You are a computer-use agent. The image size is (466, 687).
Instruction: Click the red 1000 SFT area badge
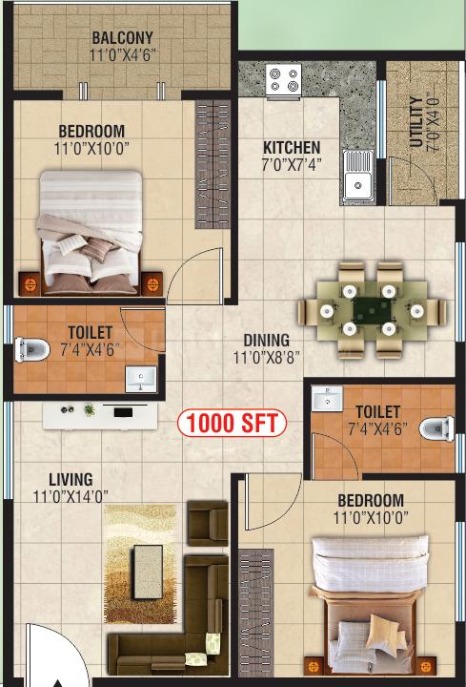coord(232,424)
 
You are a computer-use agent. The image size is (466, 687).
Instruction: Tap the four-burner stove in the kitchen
coord(284,80)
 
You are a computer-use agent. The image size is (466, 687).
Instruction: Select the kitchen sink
coord(358,176)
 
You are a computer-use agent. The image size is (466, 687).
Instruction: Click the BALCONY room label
coord(122,37)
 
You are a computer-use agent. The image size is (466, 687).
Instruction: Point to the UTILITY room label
coord(416,122)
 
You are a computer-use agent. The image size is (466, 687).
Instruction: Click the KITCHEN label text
coord(292,147)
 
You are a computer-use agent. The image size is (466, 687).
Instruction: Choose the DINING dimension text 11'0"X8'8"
coord(266,358)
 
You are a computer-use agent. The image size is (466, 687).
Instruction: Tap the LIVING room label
coord(71,479)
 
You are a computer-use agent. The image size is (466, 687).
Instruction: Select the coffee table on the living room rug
coord(148,572)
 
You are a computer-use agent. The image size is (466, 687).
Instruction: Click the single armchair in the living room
coord(208,523)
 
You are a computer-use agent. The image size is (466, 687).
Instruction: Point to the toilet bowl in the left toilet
coord(31,349)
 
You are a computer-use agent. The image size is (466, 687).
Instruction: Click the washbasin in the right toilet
coord(328,399)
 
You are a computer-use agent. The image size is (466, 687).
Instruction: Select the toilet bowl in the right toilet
coord(436,428)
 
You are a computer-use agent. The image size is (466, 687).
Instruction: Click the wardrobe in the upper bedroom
coord(213,164)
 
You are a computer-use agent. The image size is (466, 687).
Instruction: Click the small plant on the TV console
coord(90,410)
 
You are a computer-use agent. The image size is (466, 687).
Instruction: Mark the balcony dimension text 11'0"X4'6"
coord(123,55)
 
